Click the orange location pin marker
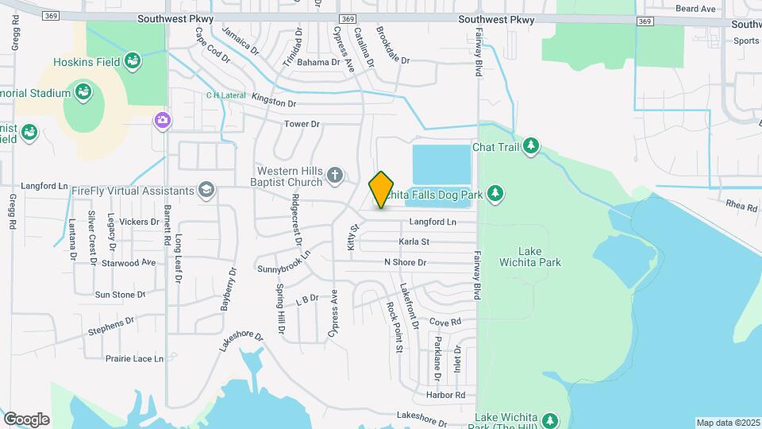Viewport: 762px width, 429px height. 382,189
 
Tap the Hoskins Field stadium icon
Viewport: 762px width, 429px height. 133,60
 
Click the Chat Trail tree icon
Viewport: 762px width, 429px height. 531,146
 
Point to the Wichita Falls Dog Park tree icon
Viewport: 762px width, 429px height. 495,193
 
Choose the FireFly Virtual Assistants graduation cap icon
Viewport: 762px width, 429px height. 206,189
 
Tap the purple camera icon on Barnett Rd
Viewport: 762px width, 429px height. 162,120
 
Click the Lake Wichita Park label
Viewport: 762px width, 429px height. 529,256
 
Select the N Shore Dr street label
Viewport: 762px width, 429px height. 405,262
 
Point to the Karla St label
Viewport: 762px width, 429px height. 414,242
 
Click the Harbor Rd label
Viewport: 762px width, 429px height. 444,395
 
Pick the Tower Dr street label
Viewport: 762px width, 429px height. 302,124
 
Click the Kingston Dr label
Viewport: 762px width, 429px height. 274,102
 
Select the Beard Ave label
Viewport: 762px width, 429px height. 695,9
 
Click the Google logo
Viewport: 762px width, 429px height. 26,419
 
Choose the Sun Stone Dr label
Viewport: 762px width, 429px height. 121,294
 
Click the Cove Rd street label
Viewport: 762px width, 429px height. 444,322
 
